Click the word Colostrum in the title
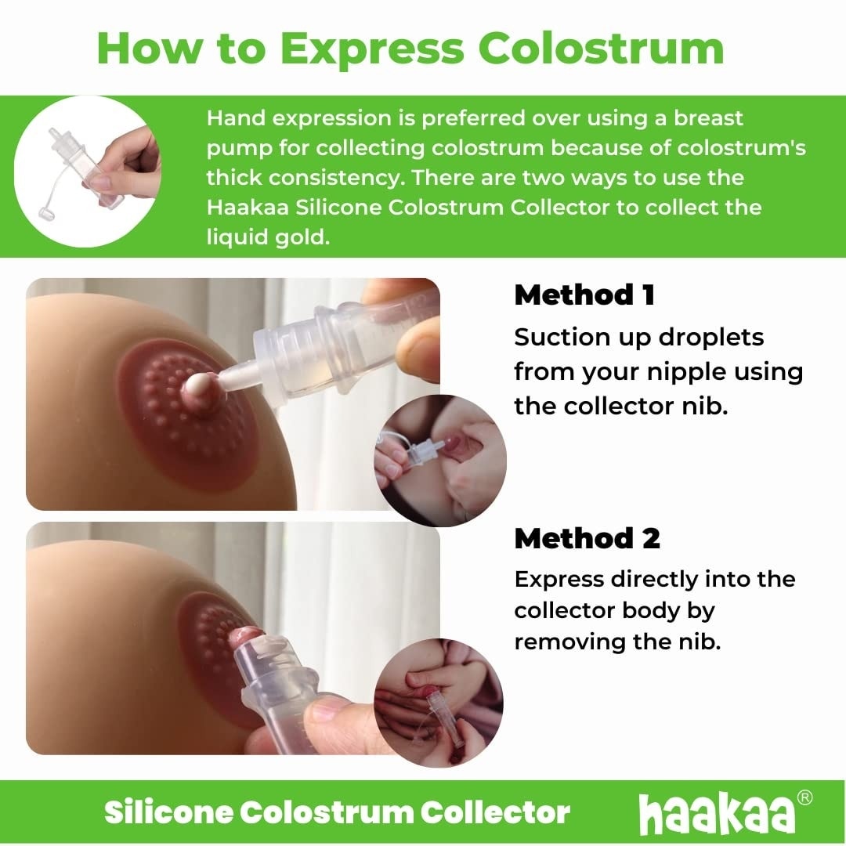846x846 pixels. [601, 49]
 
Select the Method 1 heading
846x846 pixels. [584, 295]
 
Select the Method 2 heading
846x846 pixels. [587, 538]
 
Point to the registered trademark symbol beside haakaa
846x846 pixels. [804, 798]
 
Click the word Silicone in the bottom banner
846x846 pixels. [168, 812]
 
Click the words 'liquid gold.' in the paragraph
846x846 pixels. [266, 237]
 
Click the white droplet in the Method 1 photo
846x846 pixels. [197, 383]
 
